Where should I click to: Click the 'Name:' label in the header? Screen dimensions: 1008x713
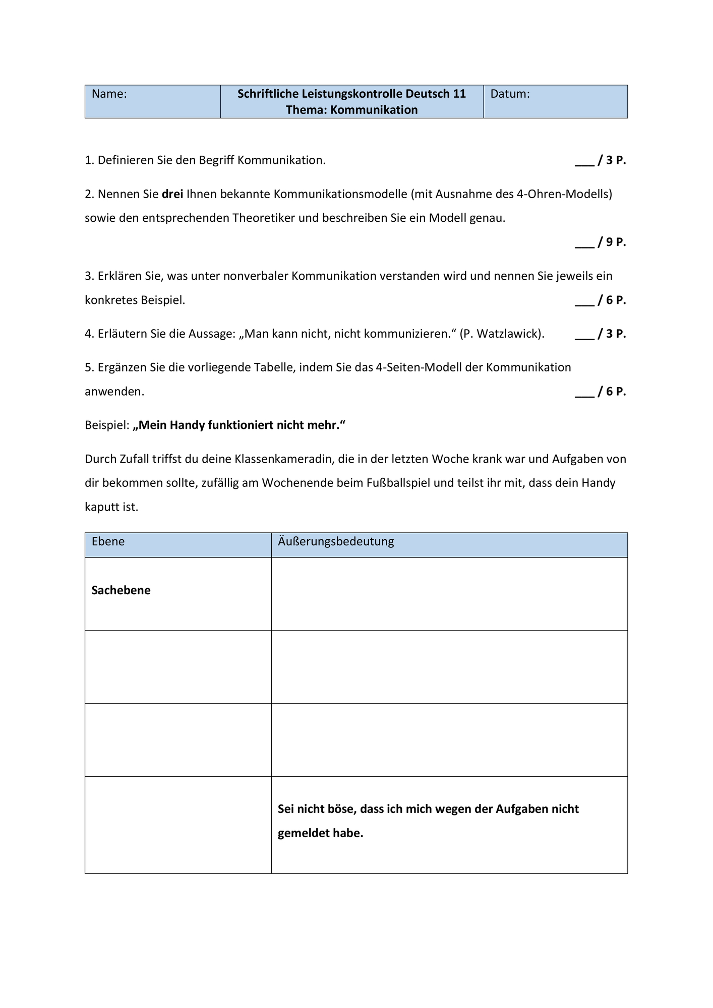[109, 94]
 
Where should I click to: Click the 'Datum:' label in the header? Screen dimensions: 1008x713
[510, 94]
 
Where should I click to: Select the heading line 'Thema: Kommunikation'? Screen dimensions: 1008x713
[351, 110]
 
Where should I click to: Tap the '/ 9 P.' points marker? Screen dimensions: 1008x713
[611, 242]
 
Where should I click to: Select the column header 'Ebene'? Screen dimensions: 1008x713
[108, 542]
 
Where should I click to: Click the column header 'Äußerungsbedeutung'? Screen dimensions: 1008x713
[336, 542]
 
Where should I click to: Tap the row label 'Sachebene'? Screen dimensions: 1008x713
[121, 591]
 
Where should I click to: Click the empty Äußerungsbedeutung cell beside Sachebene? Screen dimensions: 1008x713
[449, 594]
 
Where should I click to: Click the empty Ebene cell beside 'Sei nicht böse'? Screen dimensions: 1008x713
[178, 825]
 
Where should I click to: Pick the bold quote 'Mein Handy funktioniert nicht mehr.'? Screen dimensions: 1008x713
[240, 425]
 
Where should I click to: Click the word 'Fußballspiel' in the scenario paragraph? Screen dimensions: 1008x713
[398, 483]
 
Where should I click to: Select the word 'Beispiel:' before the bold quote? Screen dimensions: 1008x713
[107, 425]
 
